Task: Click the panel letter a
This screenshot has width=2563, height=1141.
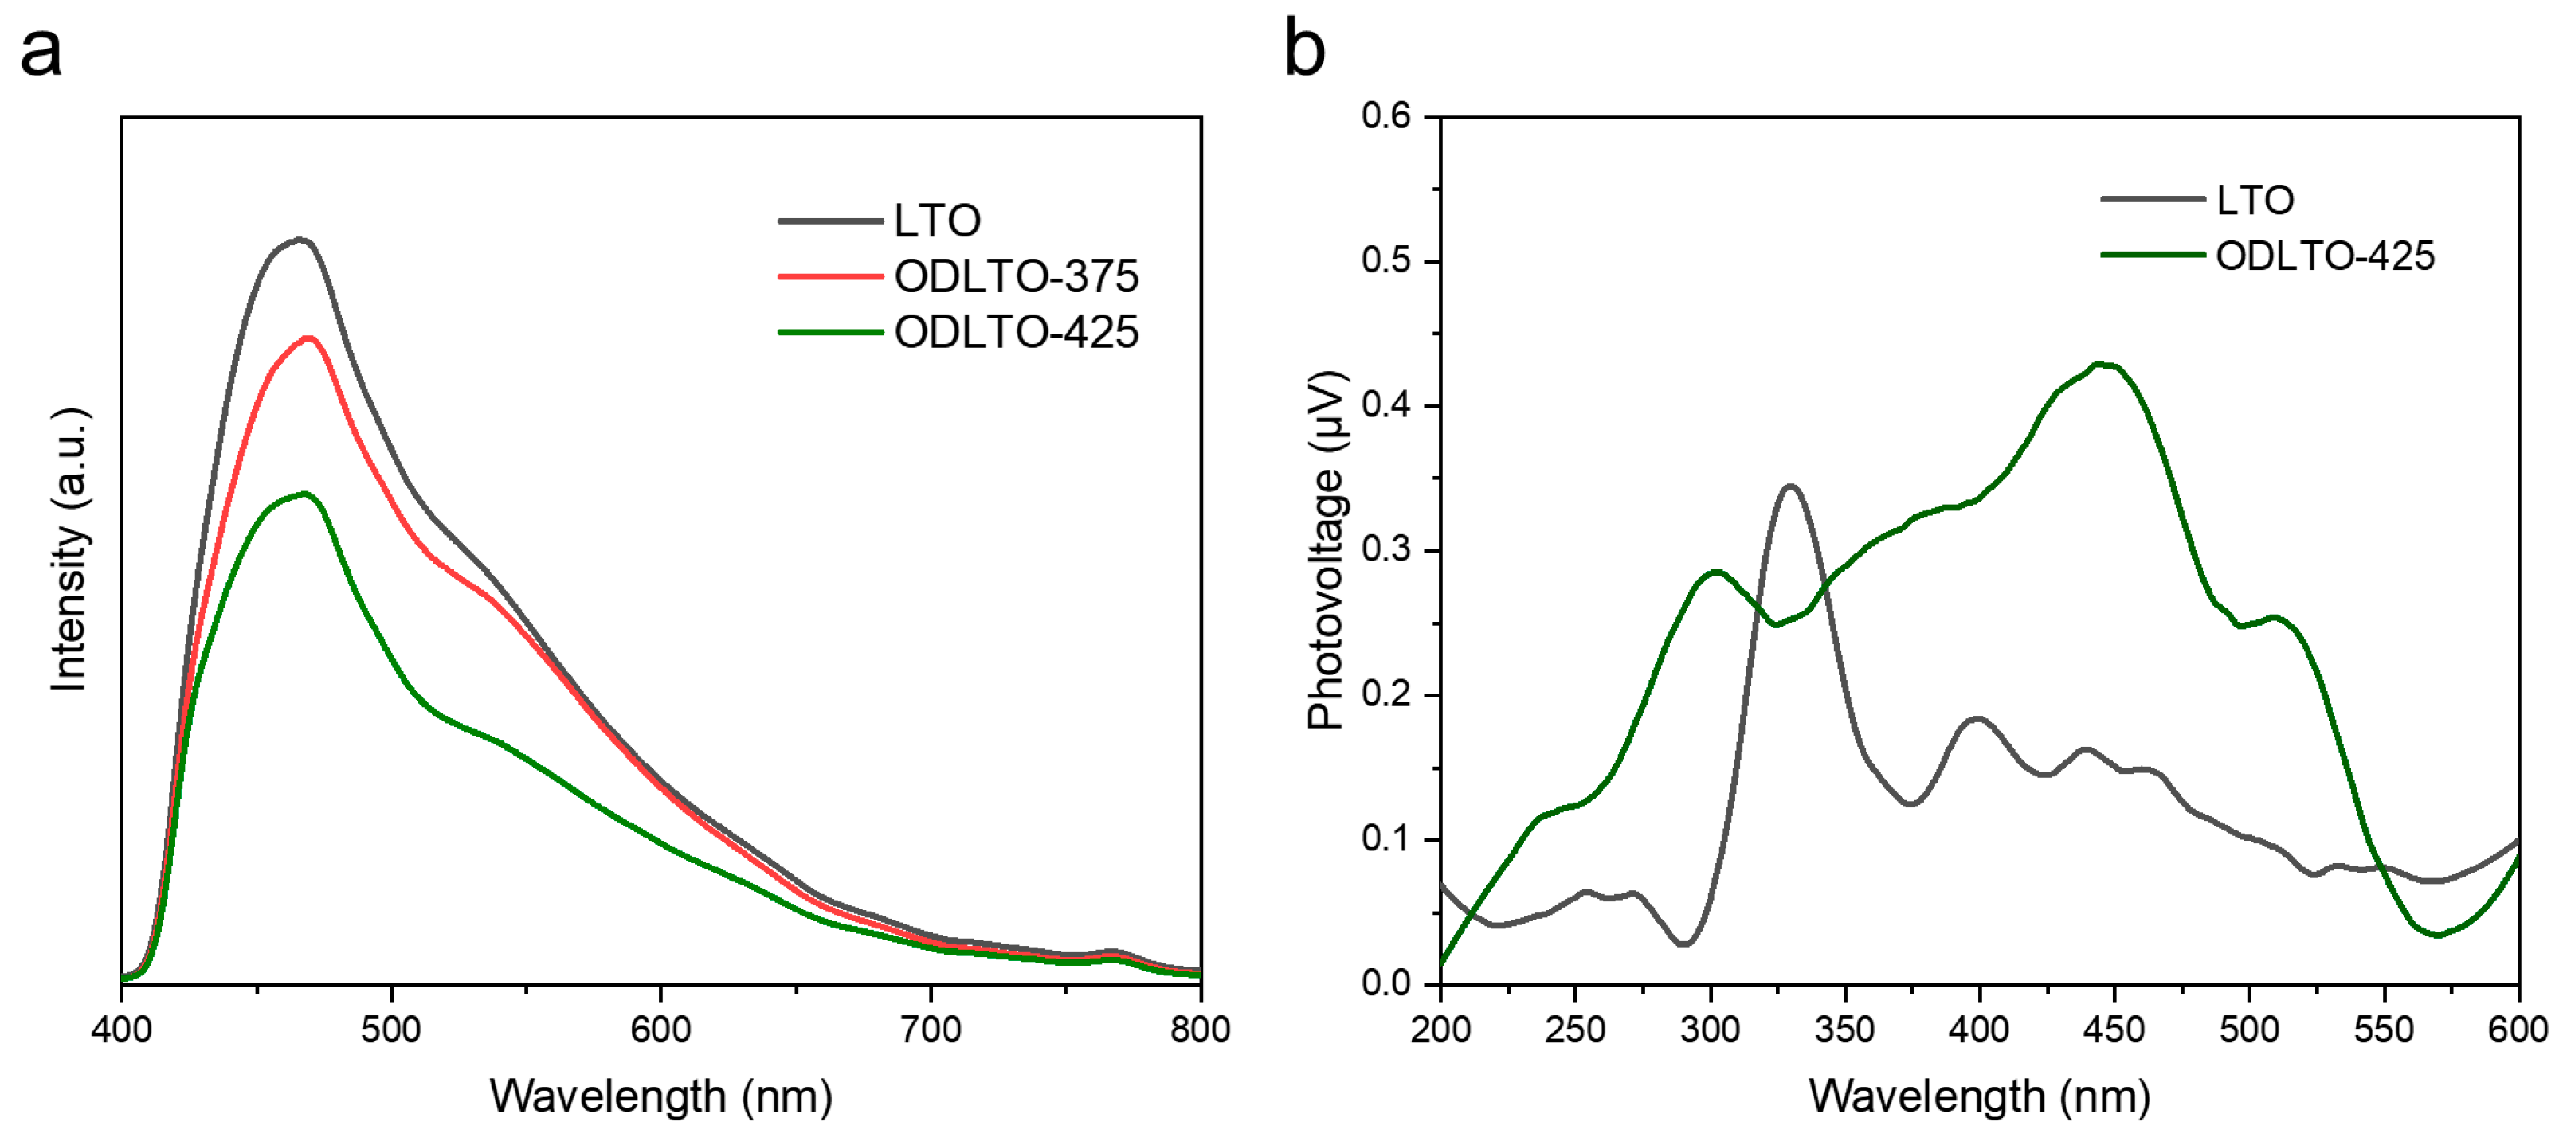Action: pos(41,52)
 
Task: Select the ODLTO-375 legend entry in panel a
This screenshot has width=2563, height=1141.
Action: pos(1015,276)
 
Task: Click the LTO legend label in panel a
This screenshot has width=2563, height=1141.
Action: pos(936,221)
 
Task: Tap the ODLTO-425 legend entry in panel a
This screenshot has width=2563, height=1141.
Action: pos(1015,332)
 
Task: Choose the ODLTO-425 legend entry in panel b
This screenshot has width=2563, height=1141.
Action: pos(2324,256)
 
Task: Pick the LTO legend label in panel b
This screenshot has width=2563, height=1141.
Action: pos(2255,201)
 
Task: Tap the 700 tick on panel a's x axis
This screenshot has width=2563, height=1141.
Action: pos(931,1030)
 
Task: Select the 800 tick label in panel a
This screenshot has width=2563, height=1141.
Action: pos(1200,1030)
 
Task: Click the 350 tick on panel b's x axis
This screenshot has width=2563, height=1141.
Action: pos(1844,1030)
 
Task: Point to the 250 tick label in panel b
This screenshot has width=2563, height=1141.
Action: pos(1575,1030)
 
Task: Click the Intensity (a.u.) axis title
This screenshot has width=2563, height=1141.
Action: pos(69,549)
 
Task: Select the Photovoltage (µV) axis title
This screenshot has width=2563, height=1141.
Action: pos(1327,549)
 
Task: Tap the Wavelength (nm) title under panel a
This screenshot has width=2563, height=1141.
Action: pos(660,1096)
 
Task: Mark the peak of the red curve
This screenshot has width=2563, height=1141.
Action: pos(308,338)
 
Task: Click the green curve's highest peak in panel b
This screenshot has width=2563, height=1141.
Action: pos(2102,365)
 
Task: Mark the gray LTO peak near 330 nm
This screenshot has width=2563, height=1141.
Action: pos(1791,486)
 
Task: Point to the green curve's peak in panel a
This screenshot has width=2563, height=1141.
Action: pos(304,494)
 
